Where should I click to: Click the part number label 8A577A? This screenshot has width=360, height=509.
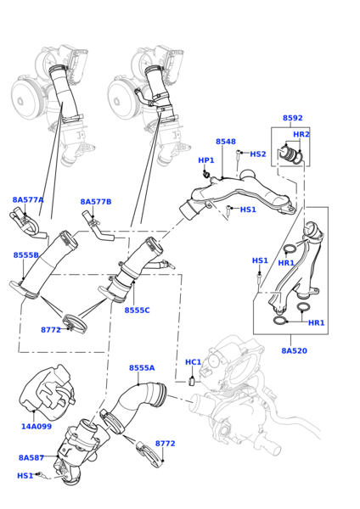click(28, 199)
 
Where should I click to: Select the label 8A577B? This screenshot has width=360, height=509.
click(96, 202)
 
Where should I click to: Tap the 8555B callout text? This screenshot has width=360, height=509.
click(26, 255)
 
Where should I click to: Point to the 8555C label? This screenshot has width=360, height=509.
click(137, 310)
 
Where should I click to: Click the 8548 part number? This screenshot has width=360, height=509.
click(226, 142)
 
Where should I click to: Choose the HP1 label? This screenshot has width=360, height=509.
click(206, 160)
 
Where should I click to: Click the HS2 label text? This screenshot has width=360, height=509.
click(258, 154)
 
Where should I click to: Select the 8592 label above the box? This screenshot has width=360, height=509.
click(292, 118)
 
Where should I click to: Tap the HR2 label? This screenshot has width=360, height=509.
click(301, 134)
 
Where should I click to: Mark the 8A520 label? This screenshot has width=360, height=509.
click(295, 350)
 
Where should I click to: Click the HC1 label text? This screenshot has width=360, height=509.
click(194, 362)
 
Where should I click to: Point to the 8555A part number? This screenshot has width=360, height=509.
click(142, 368)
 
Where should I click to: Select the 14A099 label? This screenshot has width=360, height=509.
click(37, 426)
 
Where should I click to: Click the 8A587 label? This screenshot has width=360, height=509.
click(31, 458)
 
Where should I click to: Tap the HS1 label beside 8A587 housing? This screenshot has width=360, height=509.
click(25, 476)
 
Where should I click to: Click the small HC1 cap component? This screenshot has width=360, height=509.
click(192, 380)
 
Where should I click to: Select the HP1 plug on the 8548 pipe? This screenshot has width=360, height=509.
click(205, 174)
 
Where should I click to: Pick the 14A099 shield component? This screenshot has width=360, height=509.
click(47, 389)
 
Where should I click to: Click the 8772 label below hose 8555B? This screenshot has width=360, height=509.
click(51, 330)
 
